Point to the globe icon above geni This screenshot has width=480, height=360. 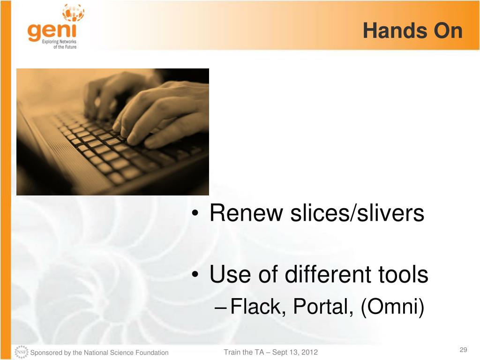[x=73, y=13]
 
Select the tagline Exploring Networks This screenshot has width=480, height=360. [x=59, y=41]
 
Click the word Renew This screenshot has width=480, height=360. [x=246, y=213]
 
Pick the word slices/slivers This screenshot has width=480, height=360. [x=357, y=213]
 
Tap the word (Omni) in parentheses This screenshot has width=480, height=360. [x=392, y=307]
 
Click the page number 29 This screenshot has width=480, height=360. [x=463, y=350]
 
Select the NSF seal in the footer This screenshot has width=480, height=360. [x=22, y=352]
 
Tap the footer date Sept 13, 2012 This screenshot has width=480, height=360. [x=295, y=352]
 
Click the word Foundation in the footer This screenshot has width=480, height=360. [x=152, y=352]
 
